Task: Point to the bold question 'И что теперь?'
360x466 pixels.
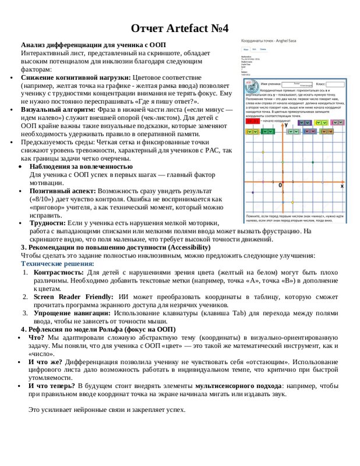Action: click(52, 386)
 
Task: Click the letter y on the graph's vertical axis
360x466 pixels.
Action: click(285, 125)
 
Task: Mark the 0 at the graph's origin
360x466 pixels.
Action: click(280, 185)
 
